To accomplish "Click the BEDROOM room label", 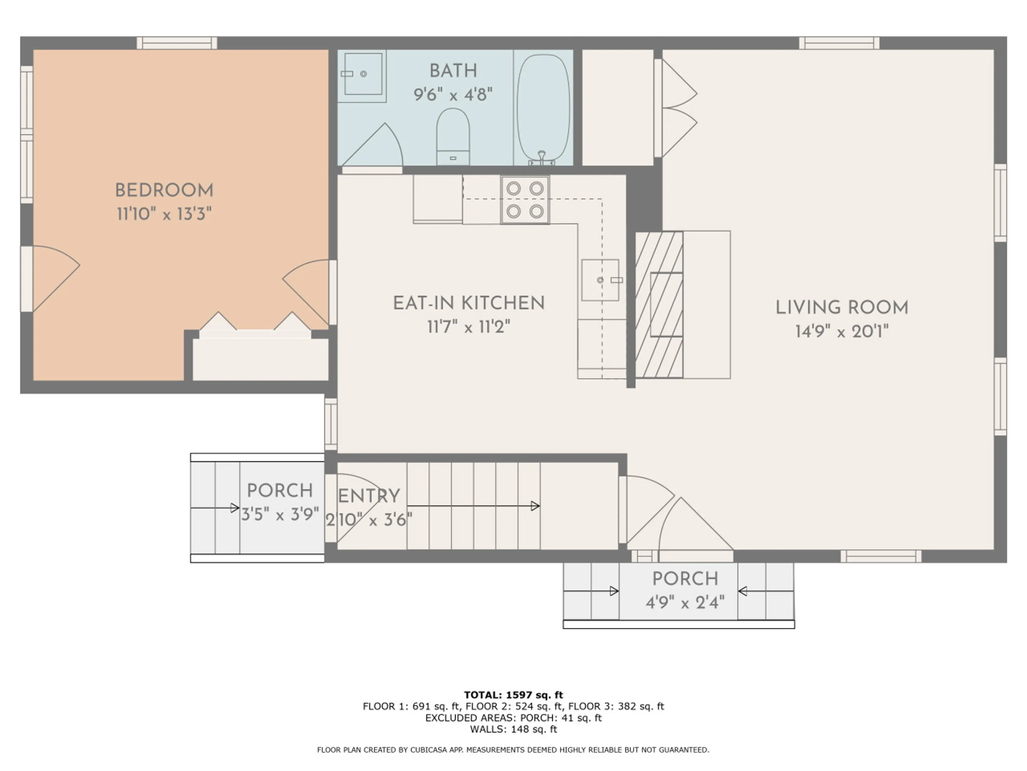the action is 164,190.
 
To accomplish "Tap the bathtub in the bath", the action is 543,108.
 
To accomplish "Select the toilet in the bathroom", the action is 453,137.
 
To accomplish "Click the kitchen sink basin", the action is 600,280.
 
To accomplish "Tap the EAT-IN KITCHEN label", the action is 469,303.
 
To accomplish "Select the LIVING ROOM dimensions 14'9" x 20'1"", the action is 842,331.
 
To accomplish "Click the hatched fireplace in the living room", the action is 659,304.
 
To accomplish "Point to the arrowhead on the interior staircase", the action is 535,506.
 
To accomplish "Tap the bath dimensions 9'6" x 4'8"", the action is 453,94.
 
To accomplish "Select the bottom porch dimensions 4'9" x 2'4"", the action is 685,603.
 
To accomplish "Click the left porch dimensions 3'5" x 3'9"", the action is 280,514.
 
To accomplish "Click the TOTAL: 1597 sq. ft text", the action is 513,695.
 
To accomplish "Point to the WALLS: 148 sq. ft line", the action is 513,729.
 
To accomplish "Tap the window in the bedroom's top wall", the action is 177,43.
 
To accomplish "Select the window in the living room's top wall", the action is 839,43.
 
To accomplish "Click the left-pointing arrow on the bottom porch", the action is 766,591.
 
